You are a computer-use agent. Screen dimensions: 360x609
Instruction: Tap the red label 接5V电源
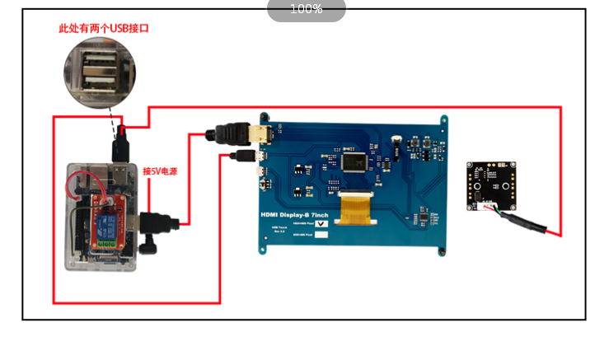pyautogui.click(x=160, y=171)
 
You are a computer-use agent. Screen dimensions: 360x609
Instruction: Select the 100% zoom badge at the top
pyautogui.click(x=306, y=9)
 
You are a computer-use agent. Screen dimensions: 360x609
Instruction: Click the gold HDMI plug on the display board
pyautogui.click(x=262, y=133)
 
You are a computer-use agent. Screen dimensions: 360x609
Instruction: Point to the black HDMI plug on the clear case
pyautogui.click(x=157, y=225)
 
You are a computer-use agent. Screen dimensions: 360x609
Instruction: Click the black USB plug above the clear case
pyautogui.click(x=120, y=148)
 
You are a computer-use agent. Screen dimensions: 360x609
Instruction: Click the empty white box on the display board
pyautogui.click(x=321, y=235)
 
